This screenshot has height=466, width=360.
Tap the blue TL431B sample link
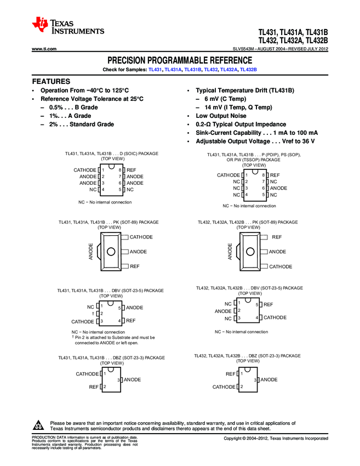point(193,70)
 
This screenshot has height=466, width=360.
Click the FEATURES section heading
point(51,81)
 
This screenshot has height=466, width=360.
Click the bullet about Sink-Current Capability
point(253,133)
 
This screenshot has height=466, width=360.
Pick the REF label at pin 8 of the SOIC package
point(132,171)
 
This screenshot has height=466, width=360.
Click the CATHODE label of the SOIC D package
point(84,171)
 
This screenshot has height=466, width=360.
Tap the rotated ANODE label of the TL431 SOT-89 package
point(91,251)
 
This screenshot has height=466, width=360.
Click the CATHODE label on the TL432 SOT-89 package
point(281,267)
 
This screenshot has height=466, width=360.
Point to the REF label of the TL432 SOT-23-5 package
point(268,304)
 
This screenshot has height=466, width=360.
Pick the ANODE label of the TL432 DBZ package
point(269,380)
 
